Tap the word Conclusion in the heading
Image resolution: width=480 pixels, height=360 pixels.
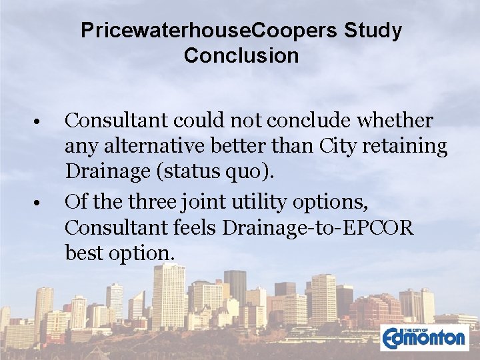click(241, 56)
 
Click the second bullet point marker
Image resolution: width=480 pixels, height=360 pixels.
click(40, 201)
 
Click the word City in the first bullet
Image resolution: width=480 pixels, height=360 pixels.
click(339, 146)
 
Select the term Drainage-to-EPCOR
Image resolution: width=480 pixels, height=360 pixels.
click(318, 227)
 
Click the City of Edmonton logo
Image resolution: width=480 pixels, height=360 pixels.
click(424, 337)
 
